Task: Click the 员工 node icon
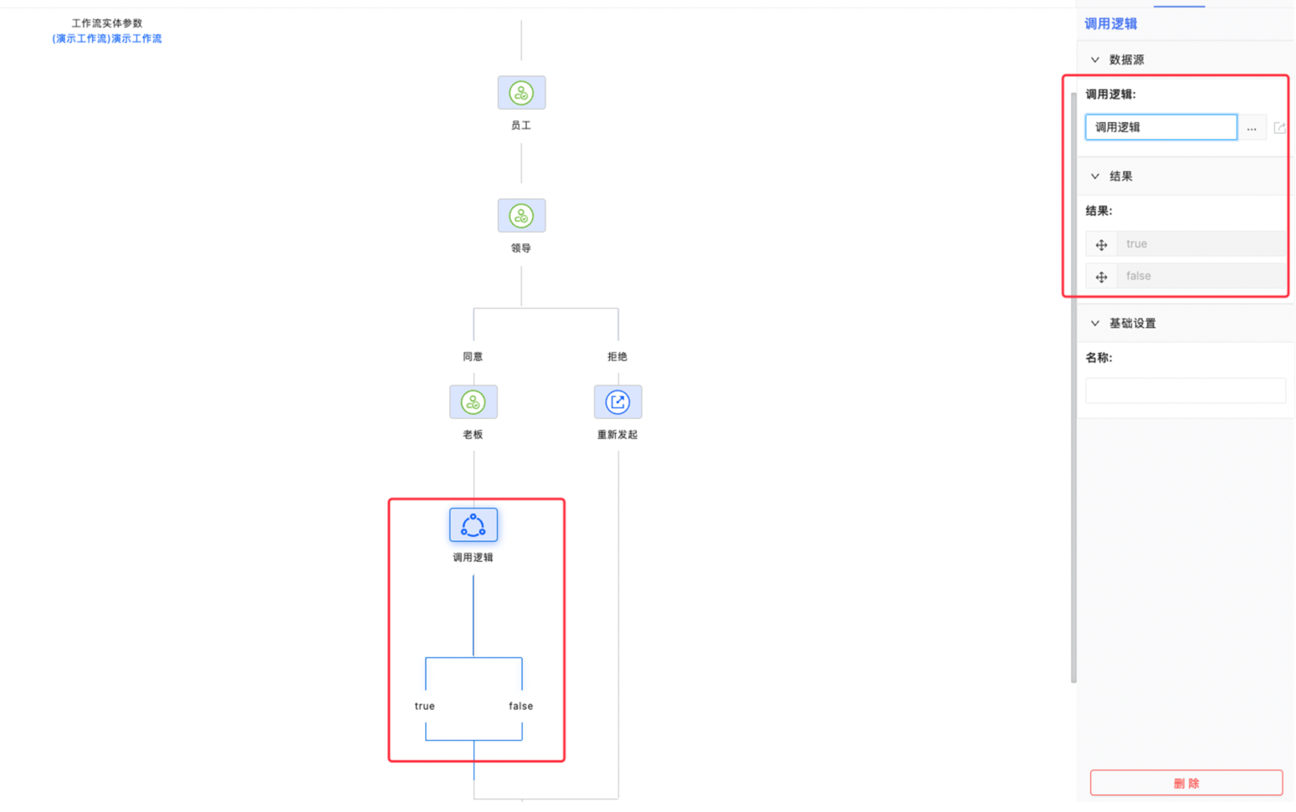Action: [x=521, y=93]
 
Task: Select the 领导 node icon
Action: [x=521, y=216]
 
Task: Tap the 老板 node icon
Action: [x=474, y=402]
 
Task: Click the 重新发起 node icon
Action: [x=618, y=402]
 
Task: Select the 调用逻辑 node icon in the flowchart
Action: [x=474, y=524]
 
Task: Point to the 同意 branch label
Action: [x=473, y=356]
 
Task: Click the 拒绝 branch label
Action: [x=617, y=356]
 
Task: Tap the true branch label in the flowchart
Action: [x=425, y=706]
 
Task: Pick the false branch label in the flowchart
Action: [x=520, y=706]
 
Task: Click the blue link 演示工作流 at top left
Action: [x=107, y=38]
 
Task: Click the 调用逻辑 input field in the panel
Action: [x=1160, y=127]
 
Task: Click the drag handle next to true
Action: [x=1101, y=245]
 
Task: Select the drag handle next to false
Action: [x=1101, y=277]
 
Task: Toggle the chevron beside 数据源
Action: [x=1094, y=59]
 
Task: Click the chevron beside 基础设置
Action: [x=1094, y=324]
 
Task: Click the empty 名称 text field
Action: [x=1186, y=391]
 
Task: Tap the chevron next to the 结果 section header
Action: [x=1094, y=176]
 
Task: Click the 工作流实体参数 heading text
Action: [x=107, y=23]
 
